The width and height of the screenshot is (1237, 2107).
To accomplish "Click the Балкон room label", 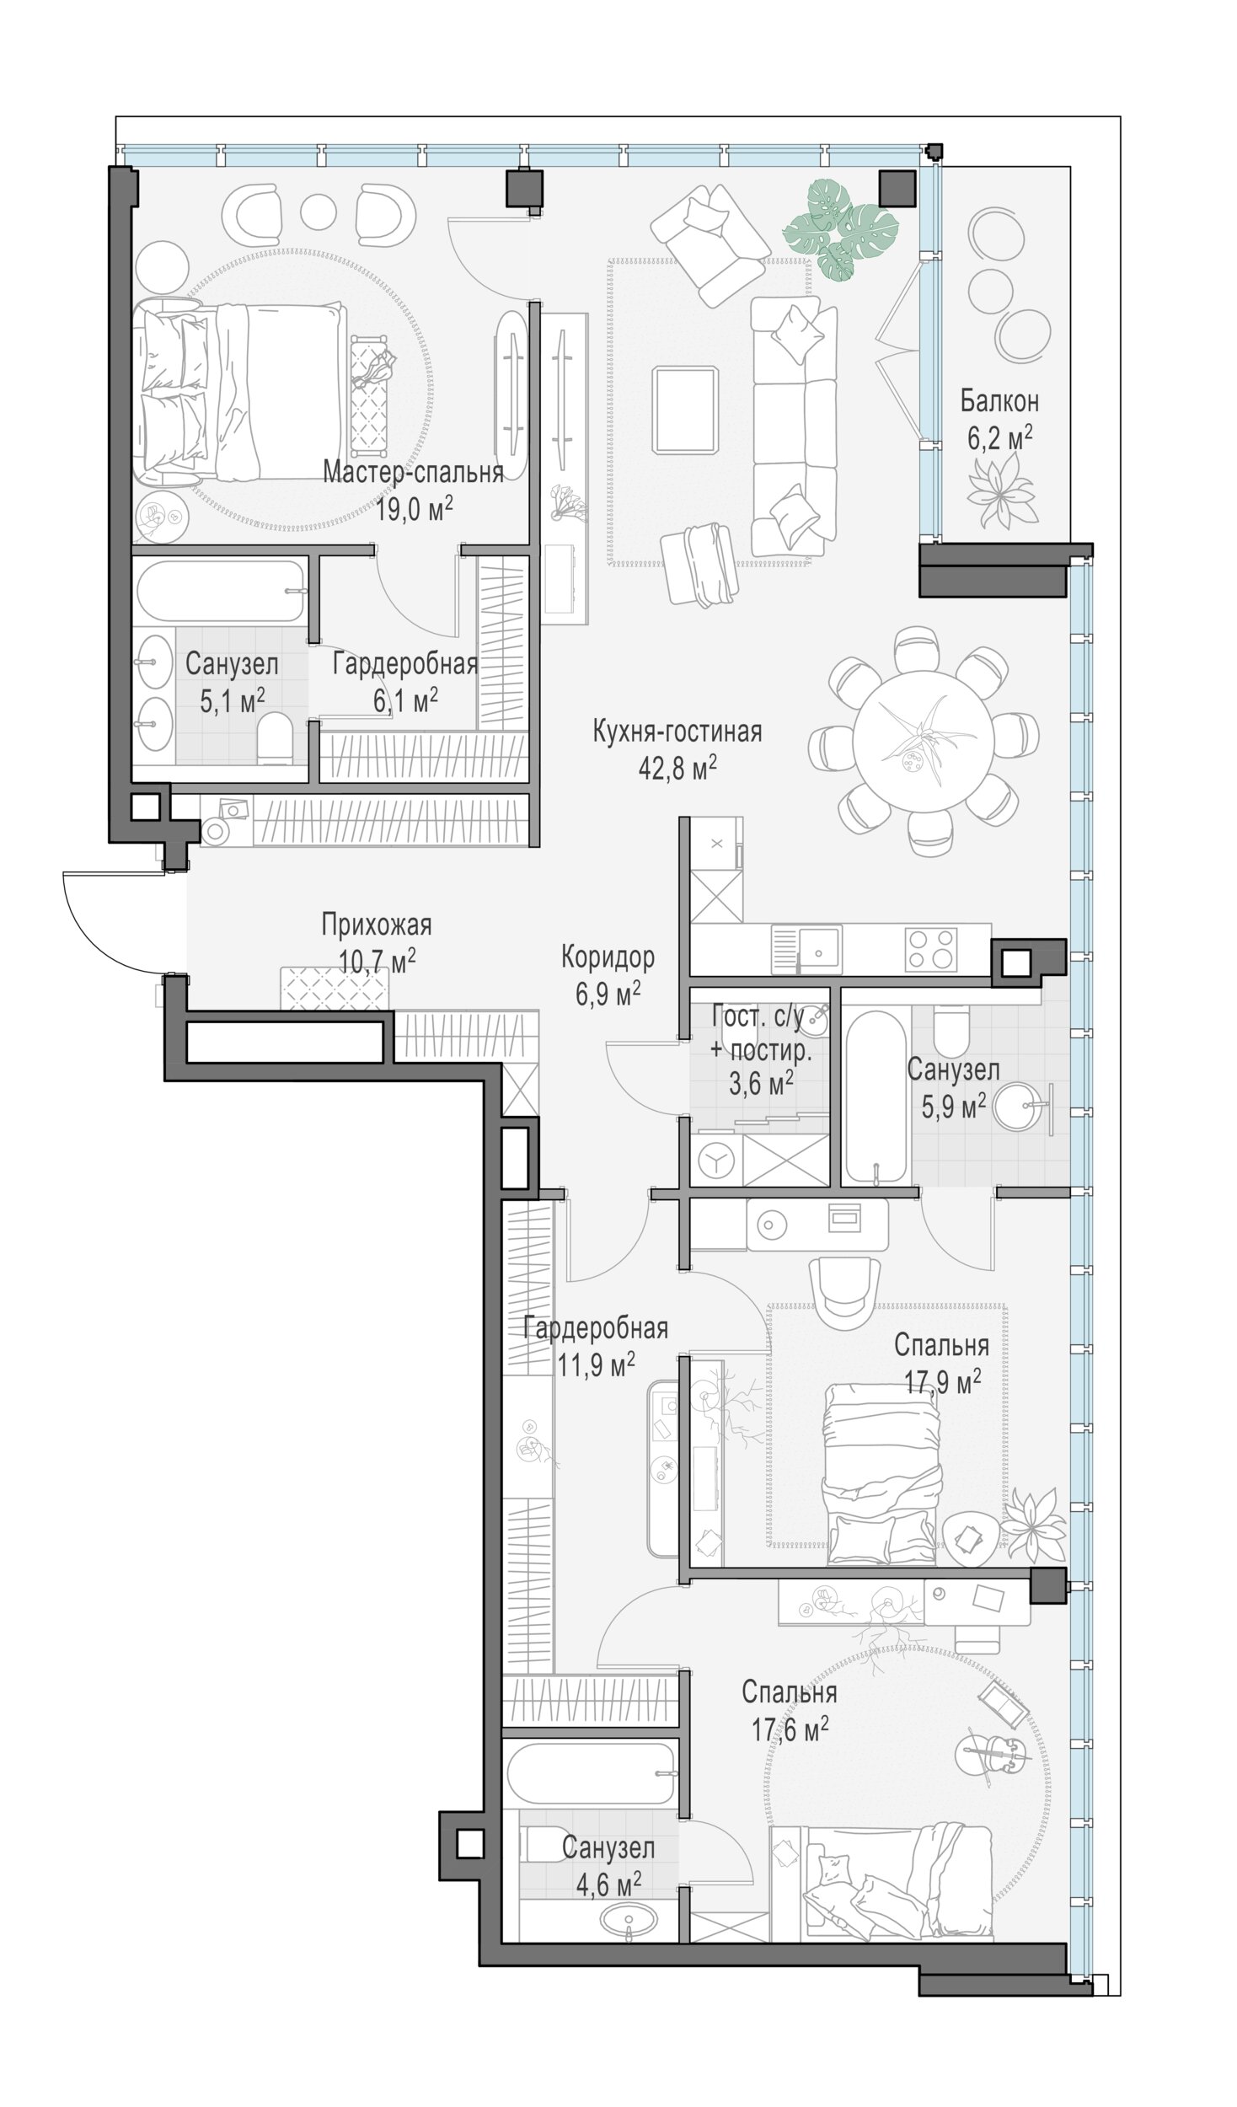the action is click(999, 402).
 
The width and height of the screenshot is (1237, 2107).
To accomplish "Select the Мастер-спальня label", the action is click(414, 473).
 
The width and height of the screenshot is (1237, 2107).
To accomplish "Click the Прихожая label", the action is click(377, 925).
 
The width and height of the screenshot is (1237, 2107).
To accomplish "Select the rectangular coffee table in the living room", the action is click(686, 410).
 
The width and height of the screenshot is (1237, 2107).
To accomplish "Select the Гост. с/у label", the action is click(758, 1016).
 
